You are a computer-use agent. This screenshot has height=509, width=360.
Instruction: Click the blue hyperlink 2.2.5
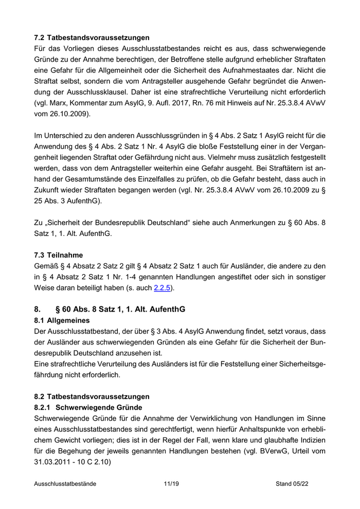tap(163, 288)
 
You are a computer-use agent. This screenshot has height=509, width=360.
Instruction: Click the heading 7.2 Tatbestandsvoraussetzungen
tap(92, 38)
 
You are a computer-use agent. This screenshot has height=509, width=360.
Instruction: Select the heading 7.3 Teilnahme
tap(58, 255)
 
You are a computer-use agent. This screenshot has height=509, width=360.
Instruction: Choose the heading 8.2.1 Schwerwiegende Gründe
tap(87, 407)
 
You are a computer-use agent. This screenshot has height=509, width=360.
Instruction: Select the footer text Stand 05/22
tap(292, 484)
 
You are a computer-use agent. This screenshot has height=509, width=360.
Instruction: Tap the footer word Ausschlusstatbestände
tap(65, 484)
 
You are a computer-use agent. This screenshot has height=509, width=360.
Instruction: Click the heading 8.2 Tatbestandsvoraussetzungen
tap(92, 396)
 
